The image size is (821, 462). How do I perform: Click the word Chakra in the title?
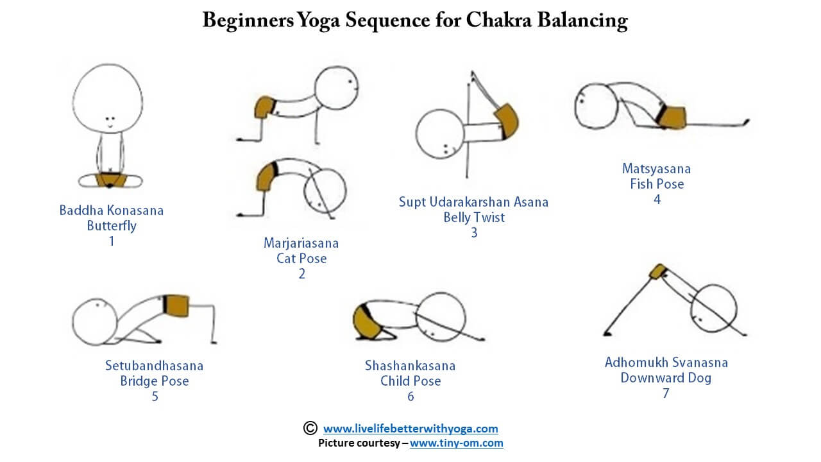click(x=498, y=21)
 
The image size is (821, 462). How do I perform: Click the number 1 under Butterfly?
click(x=112, y=241)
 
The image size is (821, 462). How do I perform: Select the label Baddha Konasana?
click(x=112, y=210)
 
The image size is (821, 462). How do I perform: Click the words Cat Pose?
click(x=301, y=259)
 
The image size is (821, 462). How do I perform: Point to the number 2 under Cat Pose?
click(x=301, y=274)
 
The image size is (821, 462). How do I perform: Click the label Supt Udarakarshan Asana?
click(x=473, y=202)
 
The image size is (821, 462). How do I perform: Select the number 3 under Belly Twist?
click(x=474, y=233)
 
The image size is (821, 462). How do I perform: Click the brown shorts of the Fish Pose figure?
click(x=672, y=117)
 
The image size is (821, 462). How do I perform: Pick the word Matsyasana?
click(x=656, y=169)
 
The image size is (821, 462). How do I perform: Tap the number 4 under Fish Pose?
click(x=657, y=200)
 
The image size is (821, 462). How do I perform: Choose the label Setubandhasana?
click(x=154, y=366)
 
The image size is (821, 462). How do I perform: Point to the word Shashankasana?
click(x=410, y=366)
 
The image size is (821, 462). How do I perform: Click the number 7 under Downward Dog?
click(x=666, y=393)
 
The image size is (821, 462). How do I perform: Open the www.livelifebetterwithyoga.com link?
click(x=410, y=429)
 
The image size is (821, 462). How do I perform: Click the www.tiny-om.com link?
click(x=456, y=443)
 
